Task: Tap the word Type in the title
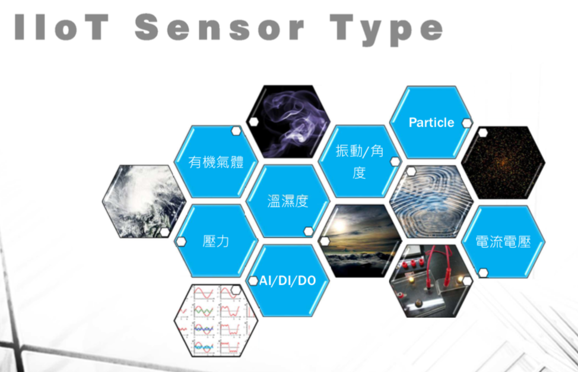click(x=386, y=30)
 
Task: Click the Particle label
click(x=431, y=122)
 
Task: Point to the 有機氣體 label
click(x=215, y=162)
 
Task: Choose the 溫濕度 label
click(x=288, y=201)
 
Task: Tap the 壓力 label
click(x=215, y=241)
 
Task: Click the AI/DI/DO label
click(x=288, y=281)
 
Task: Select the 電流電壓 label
click(x=503, y=242)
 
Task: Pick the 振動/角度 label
click(x=360, y=161)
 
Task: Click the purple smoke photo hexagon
click(x=288, y=122)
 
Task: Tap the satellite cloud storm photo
click(x=144, y=201)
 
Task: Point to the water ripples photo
click(x=431, y=201)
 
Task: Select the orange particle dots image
click(x=503, y=162)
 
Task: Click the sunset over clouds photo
click(x=360, y=241)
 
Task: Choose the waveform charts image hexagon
click(x=216, y=320)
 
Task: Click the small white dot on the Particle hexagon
click(x=466, y=123)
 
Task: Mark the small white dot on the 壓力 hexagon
click(x=181, y=242)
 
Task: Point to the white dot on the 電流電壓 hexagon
click(x=483, y=273)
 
